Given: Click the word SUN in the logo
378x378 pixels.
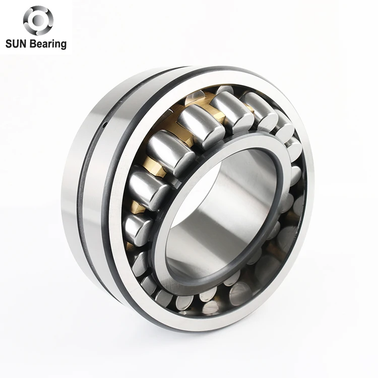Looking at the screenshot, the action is tap(16, 44).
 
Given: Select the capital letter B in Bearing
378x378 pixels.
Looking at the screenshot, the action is tap(32, 44).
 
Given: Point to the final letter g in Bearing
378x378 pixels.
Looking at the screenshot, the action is tap(64, 46).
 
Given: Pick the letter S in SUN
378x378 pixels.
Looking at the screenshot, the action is tap(8, 44).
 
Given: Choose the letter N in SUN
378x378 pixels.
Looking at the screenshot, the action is tap(23, 44).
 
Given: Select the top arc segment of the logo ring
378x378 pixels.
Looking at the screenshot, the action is tap(38, 8).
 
